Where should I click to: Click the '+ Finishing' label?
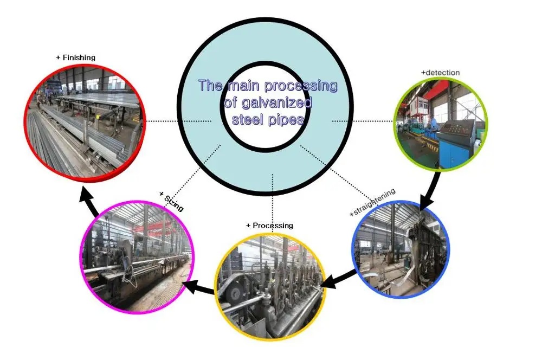75,57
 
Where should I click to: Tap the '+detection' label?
440,72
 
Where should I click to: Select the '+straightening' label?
372,203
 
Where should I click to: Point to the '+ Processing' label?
269,225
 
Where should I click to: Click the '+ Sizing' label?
171,201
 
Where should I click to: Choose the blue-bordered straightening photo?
402,249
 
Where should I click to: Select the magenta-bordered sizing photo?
136,257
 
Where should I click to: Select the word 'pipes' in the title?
287,119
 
